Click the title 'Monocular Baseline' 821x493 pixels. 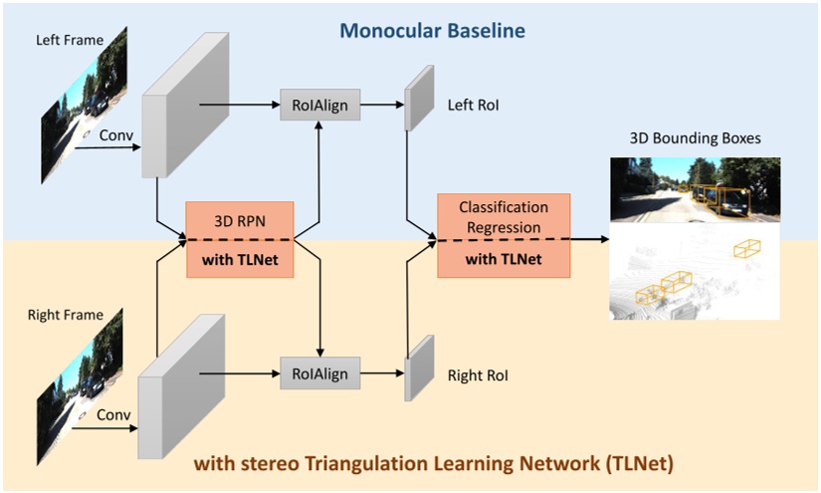pyautogui.click(x=432, y=31)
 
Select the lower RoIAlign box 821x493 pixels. pyautogui.click(x=318, y=372)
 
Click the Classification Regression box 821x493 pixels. pyautogui.click(x=504, y=237)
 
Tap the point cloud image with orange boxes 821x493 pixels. pyautogui.click(x=695, y=270)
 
